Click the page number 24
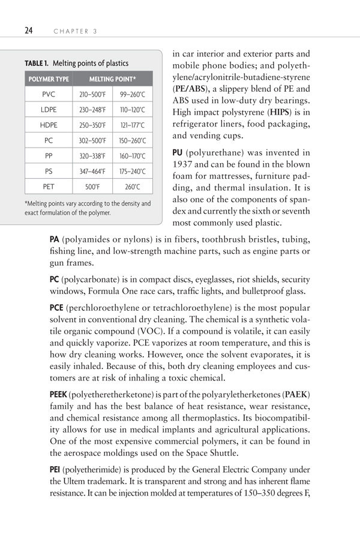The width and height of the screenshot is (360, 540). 29,31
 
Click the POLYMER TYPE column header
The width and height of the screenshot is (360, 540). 48,79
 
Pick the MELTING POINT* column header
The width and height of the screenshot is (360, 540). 113,79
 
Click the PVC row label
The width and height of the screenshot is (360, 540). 48,95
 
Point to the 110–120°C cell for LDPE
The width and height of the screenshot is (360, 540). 132,110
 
